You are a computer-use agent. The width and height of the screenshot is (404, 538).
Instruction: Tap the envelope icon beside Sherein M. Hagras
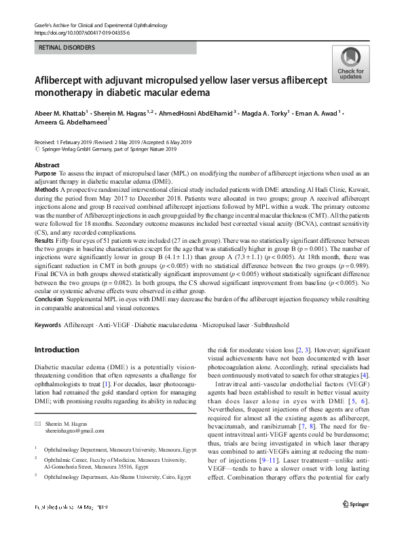pyautogui.click(x=37, y=424)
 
